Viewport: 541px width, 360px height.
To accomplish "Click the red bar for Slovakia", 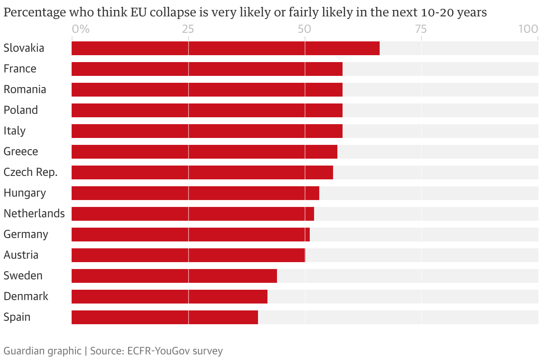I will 225,48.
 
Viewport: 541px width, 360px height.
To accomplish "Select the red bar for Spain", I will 164,317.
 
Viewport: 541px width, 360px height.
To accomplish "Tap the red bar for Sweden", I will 174,276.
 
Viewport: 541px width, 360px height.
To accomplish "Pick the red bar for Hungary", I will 195,193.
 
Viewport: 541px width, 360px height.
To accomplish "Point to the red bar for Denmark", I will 169,297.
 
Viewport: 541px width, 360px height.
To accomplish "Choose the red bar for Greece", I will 204,152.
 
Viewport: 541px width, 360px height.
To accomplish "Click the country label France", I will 20,69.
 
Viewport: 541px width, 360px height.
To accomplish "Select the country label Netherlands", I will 34,214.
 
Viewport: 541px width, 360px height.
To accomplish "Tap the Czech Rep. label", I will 31,172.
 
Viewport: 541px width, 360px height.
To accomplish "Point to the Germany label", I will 26,235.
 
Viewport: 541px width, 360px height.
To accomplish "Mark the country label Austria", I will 21,255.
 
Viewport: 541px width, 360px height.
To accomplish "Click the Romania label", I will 25,90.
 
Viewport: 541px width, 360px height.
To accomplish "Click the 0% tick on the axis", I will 81,29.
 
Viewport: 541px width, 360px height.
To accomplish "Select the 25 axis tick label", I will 188,29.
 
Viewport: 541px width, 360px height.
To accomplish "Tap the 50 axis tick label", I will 305,29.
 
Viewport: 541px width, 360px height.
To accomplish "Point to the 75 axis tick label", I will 421,29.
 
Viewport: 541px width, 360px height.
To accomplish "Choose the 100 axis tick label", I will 528,29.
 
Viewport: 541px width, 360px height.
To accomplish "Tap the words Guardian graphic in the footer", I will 42,351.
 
